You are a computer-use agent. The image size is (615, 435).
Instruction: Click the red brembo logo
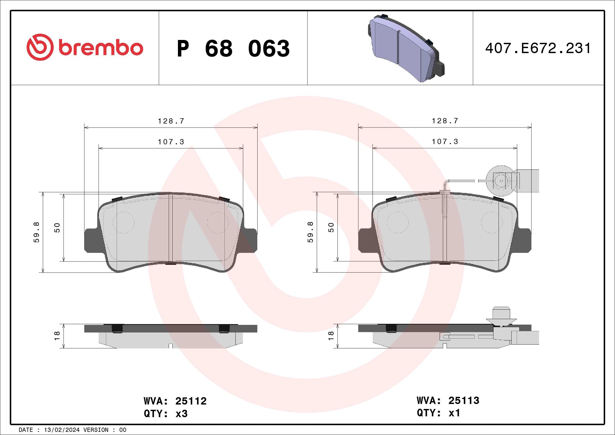85,47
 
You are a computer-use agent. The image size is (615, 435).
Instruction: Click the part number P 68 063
233,49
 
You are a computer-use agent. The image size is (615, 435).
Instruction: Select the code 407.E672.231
538,48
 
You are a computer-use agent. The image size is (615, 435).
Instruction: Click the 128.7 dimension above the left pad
171,121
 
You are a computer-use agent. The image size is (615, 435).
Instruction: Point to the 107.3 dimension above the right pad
445,142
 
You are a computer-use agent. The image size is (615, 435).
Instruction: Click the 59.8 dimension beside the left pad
37,232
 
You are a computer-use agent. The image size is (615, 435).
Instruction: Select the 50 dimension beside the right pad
331,227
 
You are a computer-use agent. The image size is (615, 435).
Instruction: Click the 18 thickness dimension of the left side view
57,336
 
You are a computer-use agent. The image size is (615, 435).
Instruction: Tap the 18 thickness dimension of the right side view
331,336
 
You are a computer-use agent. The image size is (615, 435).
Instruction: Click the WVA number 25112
191,401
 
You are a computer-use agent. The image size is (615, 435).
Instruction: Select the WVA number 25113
464,401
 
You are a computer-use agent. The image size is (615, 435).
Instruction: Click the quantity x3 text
181,414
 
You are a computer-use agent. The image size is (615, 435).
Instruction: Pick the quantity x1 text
454,413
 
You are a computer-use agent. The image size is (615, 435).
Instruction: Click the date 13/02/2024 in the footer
61,430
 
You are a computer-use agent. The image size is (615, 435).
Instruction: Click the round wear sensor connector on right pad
501,181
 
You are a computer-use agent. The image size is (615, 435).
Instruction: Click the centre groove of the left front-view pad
171,228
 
